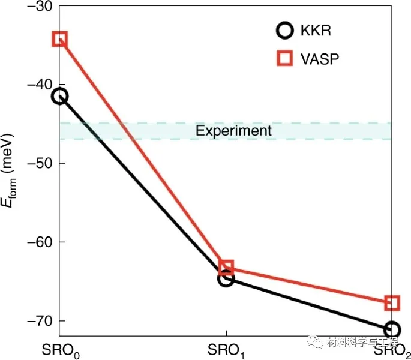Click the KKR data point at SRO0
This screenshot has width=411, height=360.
pos(59,96)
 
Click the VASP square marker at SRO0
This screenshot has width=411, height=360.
pos(59,40)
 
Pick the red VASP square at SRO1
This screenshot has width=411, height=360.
pos(226,268)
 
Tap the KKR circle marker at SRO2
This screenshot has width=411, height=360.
pos(392,329)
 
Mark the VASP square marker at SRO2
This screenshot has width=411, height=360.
pos(392,302)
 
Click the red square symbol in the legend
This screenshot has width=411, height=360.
pos(285,58)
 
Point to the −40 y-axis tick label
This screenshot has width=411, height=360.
pos(39,85)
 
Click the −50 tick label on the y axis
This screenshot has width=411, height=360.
pos(39,163)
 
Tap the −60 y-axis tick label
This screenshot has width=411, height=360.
pos(39,242)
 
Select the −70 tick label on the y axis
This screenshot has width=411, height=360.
pos(39,321)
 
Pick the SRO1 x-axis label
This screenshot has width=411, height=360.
pos(226,349)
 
